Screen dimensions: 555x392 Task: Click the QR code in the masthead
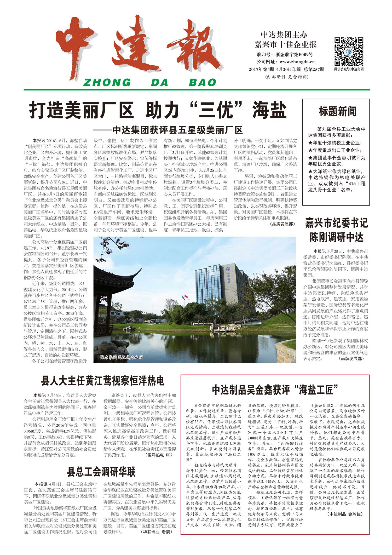coord(349,52)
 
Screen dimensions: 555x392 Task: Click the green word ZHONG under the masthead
coord(107,83)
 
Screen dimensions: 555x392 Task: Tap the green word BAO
coord(203,83)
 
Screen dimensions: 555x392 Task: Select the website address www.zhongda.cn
coord(297,62)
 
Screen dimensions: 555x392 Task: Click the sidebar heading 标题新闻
coord(337,112)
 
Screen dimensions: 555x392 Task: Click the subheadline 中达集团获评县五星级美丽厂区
coord(177,130)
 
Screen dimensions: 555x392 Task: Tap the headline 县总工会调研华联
coord(101,472)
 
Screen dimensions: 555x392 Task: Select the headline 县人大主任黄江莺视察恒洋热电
coord(103,381)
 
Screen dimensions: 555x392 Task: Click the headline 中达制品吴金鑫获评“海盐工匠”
coord(275,390)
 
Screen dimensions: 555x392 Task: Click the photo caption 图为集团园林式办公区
coord(122,357)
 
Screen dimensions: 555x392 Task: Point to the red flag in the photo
coord(186,296)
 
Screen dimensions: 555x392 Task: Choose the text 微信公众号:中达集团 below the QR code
coord(349,69)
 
